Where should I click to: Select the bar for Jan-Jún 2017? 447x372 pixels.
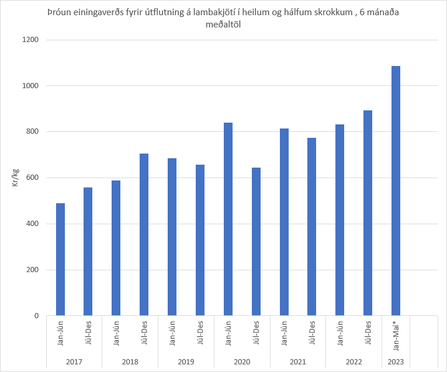pyautogui.click(x=60, y=259)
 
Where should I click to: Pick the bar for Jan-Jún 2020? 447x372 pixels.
pyautogui.click(x=228, y=219)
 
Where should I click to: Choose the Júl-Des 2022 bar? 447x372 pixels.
pyautogui.click(x=368, y=213)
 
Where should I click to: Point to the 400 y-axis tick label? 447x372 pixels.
pyautogui.click(x=33, y=224)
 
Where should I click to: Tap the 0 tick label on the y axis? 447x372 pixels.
pyautogui.click(x=36, y=316)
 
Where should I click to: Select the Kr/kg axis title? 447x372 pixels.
pyautogui.click(x=16, y=178)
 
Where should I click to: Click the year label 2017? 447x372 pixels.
pyautogui.click(x=74, y=362)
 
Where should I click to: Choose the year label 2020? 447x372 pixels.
pyautogui.click(x=242, y=362)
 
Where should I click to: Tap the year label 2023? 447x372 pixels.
pyautogui.click(x=396, y=362)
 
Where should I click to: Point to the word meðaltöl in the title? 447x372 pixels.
pyautogui.click(x=223, y=24)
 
